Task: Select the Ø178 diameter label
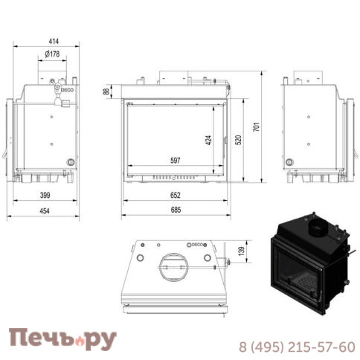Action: [51, 54]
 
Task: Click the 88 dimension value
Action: [106, 91]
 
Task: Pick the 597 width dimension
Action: [176, 161]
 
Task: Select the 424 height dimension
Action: [209, 139]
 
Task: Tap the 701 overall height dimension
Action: [257, 127]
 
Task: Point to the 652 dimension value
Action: [176, 195]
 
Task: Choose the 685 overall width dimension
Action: [176, 210]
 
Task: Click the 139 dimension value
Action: [240, 251]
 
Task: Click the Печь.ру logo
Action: [62, 338]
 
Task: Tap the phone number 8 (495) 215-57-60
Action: [297, 347]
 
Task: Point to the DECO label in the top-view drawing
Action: [198, 244]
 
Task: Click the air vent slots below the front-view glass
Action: [176, 178]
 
